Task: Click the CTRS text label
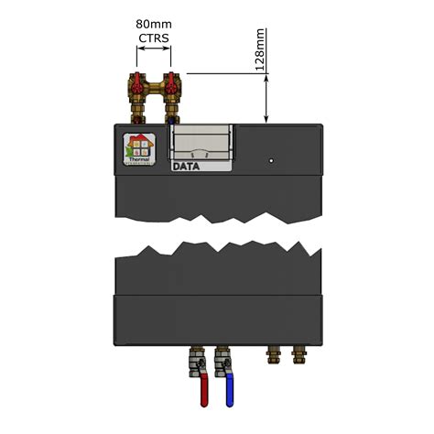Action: coord(153,38)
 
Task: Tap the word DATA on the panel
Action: coord(187,167)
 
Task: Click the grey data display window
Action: coord(201,145)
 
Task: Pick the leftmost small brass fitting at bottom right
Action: coord(269,354)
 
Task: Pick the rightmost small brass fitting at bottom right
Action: coord(298,354)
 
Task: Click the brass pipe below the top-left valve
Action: coord(140,114)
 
